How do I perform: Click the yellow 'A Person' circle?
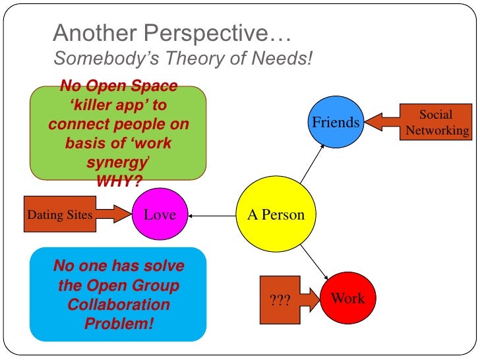pyautogui.click(x=276, y=214)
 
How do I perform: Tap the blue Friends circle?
pyautogui.click(x=336, y=122)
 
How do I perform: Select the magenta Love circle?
pyautogui.click(x=160, y=214)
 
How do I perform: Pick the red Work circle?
pyautogui.click(x=347, y=298)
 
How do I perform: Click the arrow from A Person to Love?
pyautogui.click(x=212, y=214)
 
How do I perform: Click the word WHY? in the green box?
pyautogui.click(x=119, y=181)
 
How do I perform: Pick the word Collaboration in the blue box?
pyautogui.click(x=119, y=305)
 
